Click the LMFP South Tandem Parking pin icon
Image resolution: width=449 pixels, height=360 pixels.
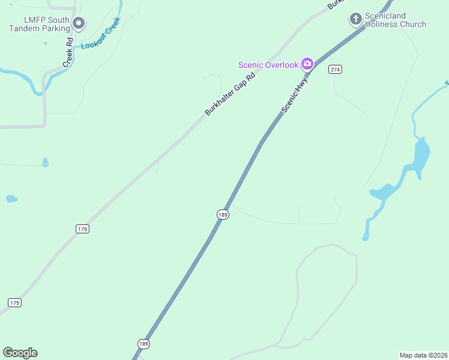pos(79,23)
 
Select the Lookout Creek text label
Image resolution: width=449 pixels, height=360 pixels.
pos(101,34)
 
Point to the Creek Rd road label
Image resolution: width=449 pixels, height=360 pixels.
pos(69,53)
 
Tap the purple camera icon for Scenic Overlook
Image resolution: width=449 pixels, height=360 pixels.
pos(307,63)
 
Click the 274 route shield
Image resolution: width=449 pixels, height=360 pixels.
pos(335,70)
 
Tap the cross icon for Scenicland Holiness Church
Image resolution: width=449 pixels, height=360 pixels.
pos(355,19)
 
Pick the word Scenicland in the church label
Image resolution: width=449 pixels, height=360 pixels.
pos(387,16)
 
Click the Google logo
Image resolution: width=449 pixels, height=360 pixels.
pos(20,353)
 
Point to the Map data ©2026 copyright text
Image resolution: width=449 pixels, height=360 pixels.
pos(423,355)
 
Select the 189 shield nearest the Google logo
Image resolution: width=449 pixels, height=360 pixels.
pos(143,344)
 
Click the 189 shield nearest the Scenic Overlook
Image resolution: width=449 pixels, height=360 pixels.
pos(223,214)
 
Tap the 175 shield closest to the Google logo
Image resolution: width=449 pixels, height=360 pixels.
pos(14,302)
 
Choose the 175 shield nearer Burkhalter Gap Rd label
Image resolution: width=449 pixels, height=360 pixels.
pos(83,229)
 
